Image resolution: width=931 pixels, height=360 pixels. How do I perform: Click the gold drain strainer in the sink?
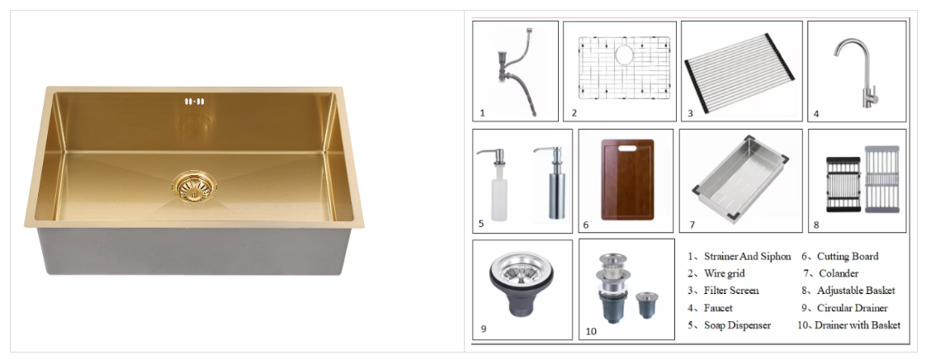coord(194,187)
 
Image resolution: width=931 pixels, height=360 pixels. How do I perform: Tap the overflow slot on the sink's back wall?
coord(194,102)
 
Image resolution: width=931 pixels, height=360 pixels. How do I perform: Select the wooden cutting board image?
coord(627,179)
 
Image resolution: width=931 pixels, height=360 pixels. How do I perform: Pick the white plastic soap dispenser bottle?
coord(498,184)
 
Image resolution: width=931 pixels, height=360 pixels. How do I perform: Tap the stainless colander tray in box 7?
coord(740,178)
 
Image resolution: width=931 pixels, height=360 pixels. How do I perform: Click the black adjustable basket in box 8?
coord(844,184)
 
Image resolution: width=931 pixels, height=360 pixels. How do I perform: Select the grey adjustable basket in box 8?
coord(881,179)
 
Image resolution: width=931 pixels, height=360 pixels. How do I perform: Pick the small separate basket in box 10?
coord(646,305)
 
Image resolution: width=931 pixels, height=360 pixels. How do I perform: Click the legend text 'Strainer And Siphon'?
coord(748,257)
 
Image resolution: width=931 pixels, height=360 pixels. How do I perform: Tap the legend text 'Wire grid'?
coord(725,274)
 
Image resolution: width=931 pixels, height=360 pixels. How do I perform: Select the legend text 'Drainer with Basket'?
coord(858,325)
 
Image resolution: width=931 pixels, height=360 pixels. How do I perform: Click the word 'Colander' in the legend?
coord(839,274)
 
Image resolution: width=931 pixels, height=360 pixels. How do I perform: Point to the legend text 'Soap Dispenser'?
coord(737,325)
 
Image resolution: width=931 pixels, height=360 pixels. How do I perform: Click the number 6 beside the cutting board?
coord(585,225)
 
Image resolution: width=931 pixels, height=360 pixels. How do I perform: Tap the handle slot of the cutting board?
coord(626,147)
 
